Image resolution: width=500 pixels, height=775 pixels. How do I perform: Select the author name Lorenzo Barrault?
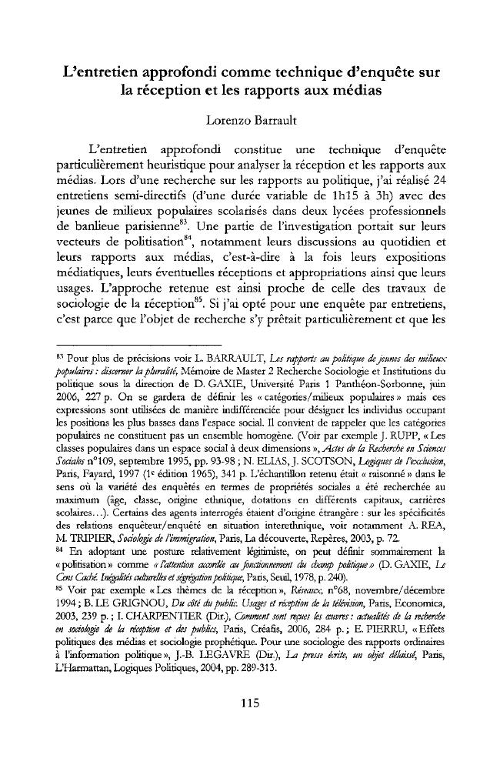pyautogui.click(x=249, y=121)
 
